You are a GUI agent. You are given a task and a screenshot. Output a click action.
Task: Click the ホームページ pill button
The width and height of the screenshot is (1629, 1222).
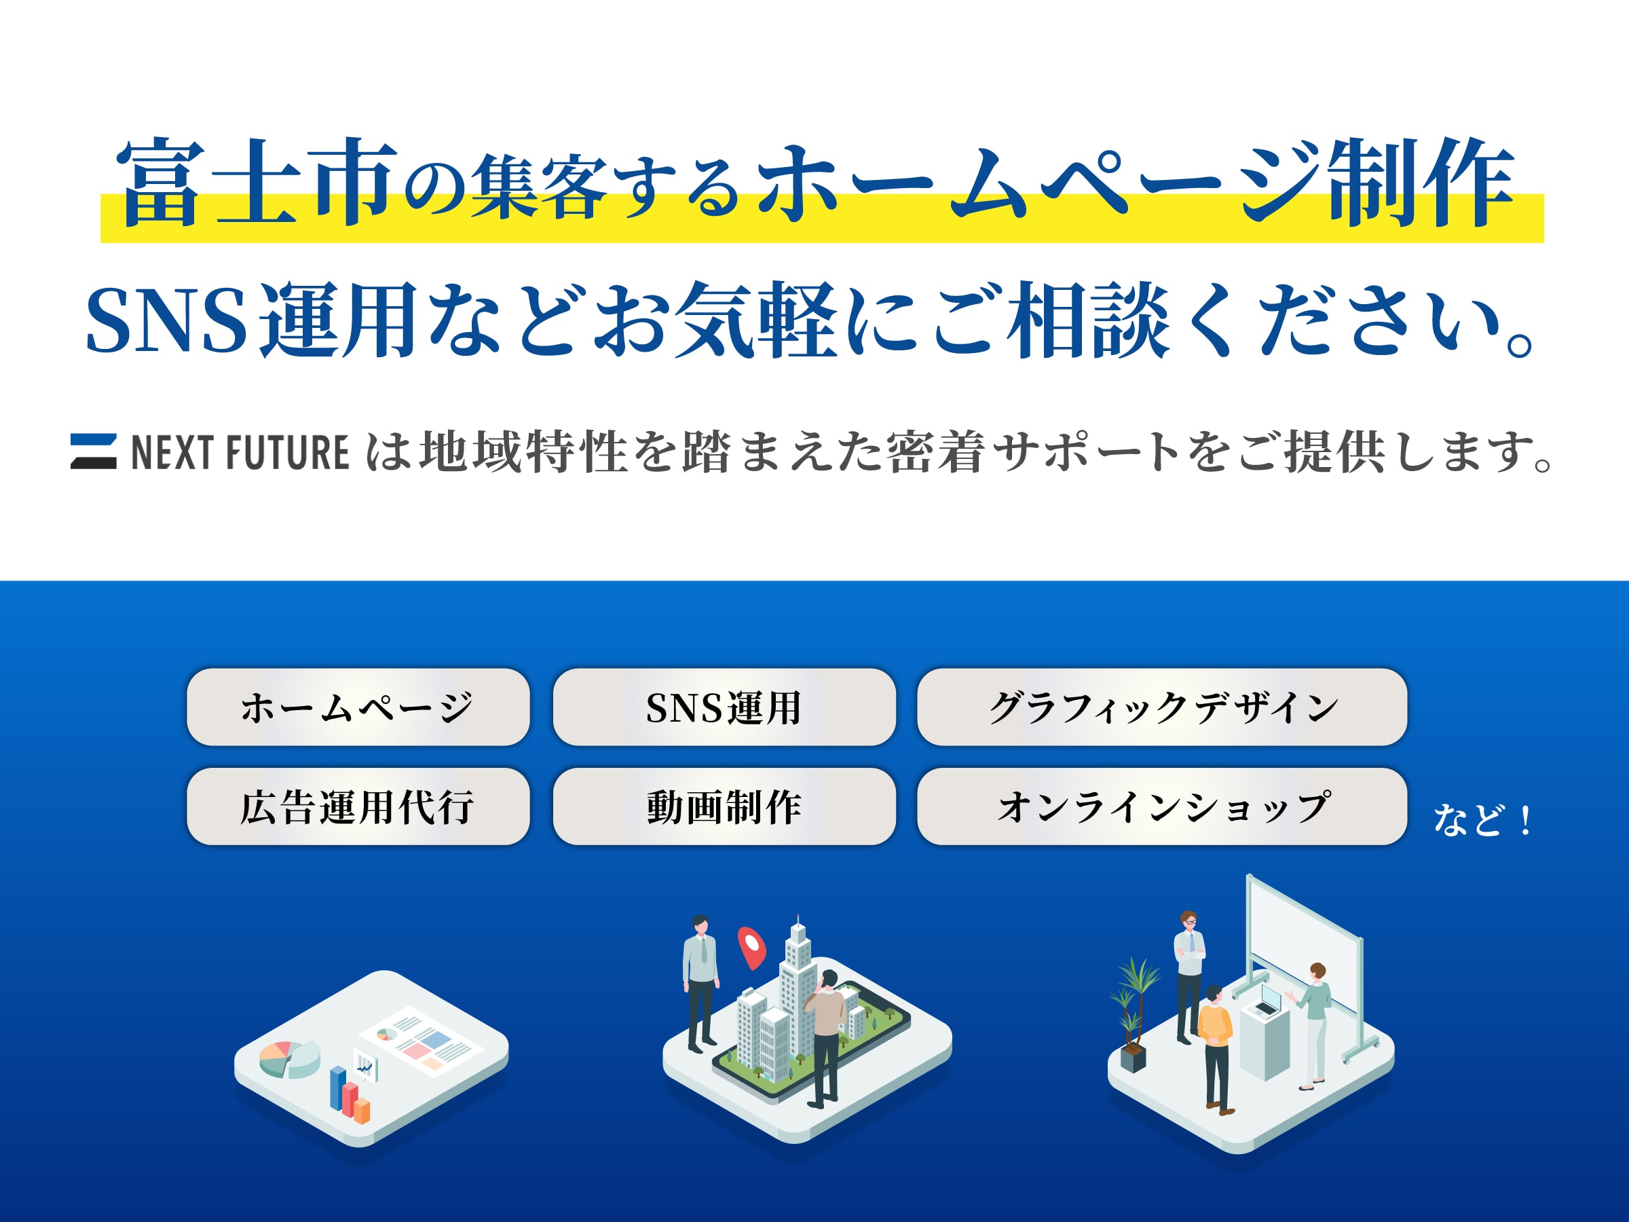(358, 707)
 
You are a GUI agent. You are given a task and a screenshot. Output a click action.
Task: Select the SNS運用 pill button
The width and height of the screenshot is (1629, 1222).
(724, 707)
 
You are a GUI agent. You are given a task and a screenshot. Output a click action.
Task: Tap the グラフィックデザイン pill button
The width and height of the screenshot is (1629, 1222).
(1161, 707)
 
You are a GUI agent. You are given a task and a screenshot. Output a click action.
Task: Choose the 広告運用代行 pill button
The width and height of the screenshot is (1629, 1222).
(358, 807)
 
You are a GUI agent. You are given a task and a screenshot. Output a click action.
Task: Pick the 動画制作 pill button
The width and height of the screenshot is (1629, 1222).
(724, 807)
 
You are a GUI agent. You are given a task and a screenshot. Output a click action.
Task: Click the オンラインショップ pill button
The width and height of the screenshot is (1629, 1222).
(1161, 807)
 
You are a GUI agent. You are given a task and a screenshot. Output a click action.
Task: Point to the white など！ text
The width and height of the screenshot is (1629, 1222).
(1482, 820)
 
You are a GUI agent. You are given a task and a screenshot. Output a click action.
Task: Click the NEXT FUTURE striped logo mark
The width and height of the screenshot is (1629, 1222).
(94, 451)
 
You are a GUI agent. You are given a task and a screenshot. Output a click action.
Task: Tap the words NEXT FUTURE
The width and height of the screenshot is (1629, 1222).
(240, 452)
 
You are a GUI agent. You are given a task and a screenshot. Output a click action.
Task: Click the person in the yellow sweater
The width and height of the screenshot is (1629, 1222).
(1214, 1046)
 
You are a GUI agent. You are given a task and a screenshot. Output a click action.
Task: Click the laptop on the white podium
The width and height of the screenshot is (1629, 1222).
(1268, 1000)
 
